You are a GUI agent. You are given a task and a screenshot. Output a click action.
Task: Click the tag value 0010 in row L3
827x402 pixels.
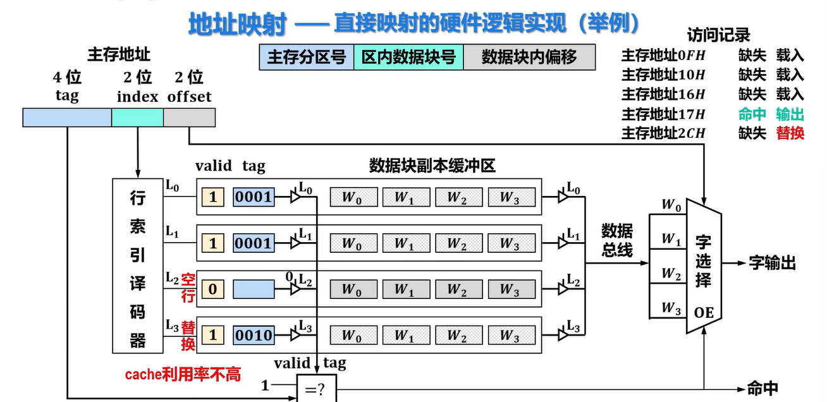coord(254,335)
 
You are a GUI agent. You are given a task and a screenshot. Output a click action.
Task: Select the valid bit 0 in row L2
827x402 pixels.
coord(212,289)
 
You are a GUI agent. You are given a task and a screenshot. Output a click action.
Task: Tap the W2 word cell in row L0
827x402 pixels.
coord(459,197)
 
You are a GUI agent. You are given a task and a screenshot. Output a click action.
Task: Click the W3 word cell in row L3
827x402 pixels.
coord(512,335)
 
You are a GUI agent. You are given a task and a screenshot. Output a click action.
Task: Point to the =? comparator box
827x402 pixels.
coord(317,388)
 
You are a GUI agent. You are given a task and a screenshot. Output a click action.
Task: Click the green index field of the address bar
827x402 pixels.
coord(137,118)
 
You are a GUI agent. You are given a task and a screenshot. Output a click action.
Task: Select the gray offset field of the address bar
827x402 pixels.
coord(190,118)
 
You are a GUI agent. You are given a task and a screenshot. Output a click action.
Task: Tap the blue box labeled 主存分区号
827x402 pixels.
coord(307,58)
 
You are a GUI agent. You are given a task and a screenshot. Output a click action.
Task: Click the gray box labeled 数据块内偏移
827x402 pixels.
coord(529,58)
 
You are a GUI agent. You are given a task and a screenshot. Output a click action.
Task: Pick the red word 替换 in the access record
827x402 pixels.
coord(790,133)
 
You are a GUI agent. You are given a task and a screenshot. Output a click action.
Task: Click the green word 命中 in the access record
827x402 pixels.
coord(752,114)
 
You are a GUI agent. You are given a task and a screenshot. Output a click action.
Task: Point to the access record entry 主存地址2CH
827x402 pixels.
coord(663,133)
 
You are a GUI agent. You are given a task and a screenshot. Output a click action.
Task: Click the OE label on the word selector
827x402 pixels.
coord(704,313)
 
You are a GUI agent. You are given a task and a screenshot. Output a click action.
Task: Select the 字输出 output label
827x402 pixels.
coord(772,263)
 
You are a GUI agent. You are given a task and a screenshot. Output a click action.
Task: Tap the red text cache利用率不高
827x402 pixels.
coord(183,374)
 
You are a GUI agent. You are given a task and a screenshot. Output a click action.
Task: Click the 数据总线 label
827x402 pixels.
coord(617,240)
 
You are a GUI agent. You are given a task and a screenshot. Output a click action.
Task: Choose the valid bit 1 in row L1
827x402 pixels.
coord(212,243)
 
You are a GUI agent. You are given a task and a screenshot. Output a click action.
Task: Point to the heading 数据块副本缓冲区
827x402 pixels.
coord(432,166)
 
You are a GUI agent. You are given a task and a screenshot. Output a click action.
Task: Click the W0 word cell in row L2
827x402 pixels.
coord(353,289)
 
